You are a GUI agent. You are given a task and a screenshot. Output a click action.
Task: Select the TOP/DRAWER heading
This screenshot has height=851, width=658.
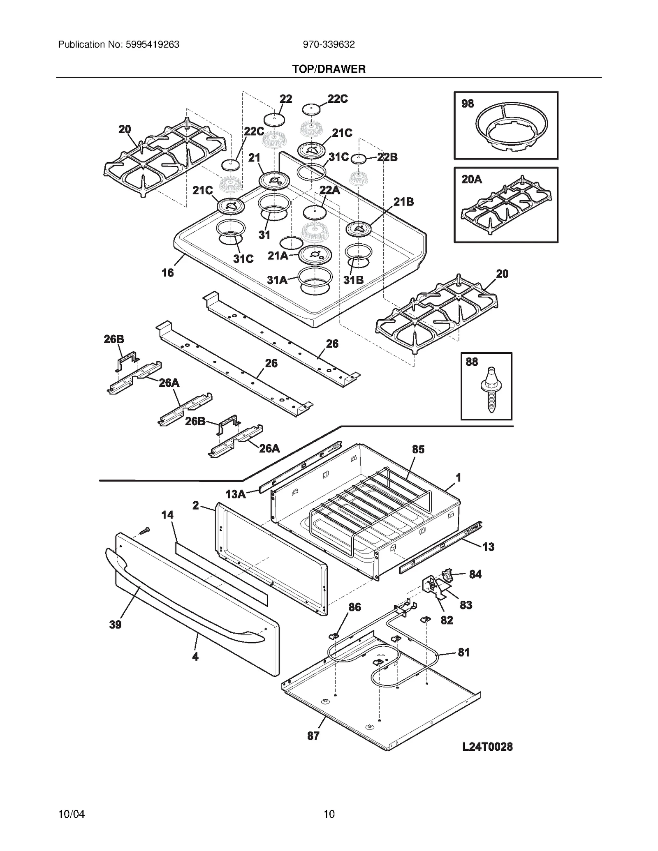[329, 69]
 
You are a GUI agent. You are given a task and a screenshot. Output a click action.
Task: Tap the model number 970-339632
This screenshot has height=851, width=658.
[329, 44]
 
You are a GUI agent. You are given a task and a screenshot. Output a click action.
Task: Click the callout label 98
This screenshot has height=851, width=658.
[468, 104]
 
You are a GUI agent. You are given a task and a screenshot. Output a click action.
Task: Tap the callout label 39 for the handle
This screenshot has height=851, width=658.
[115, 625]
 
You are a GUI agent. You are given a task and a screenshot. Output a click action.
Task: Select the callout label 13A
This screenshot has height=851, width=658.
[235, 494]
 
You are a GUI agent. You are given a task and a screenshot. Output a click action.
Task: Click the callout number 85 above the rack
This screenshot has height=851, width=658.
[418, 449]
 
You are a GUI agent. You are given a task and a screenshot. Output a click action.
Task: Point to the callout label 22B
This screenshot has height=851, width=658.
[387, 157]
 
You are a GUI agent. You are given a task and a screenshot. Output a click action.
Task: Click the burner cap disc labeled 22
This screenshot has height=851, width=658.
[274, 120]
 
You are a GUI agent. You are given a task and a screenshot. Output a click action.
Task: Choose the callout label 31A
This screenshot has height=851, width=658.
[277, 280]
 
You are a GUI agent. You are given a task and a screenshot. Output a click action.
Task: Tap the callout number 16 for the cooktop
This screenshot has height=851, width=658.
[167, 272]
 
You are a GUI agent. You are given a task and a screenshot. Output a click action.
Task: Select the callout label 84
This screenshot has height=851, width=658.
[475, 574]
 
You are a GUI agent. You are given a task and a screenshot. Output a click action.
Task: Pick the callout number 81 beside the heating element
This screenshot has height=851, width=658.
[463, 652]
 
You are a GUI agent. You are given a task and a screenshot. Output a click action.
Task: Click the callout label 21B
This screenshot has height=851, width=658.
[403, 202]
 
